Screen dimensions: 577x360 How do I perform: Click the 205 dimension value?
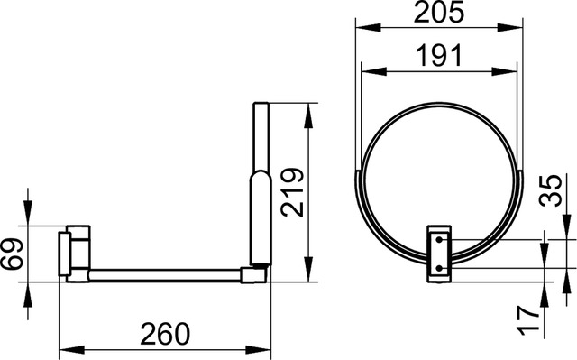pos(439,12)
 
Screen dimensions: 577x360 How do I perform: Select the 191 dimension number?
pos(439,55)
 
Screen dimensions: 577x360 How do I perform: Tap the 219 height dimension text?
pos(292,192)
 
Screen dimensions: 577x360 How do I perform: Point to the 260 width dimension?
pos(165,334)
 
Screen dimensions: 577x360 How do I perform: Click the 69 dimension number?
pos(12,254)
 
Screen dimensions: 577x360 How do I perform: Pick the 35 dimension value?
pos(551,190)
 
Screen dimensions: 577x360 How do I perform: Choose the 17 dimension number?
pos(527,320)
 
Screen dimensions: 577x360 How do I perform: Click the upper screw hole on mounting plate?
pos(439,240)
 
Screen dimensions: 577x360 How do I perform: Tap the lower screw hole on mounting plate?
pos(439,268)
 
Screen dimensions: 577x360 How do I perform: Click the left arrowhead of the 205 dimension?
pos(368,27)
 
